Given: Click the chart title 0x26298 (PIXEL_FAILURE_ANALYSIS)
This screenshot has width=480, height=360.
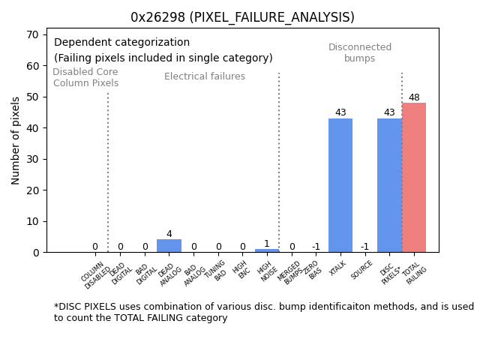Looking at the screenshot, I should [x=242, y=16].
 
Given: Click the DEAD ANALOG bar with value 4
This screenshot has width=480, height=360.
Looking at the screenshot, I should [x=169, y=246].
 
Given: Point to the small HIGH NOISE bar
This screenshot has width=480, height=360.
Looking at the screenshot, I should [x=267, y=250].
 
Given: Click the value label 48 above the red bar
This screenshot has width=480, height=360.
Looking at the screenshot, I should [x=414, y=97].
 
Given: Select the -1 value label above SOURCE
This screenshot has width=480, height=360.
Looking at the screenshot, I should [x=364, y=247].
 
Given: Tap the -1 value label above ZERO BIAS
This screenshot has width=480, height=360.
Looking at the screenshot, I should [x=316, y=247].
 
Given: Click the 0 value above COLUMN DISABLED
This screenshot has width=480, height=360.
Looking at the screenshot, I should [x=95, y=247].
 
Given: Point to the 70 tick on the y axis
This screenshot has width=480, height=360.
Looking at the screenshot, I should [x=34, y=34].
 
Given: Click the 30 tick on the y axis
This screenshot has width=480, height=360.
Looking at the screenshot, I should [x=34, y=159].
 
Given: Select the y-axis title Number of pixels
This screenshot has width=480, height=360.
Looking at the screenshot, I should [x=16, y=140].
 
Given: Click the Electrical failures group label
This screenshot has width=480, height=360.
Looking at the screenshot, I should [x=205, y=76].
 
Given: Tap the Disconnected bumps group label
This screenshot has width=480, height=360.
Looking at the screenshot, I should [x=360, y=52].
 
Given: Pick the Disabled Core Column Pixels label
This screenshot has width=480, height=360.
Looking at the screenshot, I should [x=85, y=77].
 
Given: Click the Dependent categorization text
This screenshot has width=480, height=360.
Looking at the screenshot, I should [x=121, y=43].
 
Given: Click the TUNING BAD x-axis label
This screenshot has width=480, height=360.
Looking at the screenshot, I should [x=217, y=271].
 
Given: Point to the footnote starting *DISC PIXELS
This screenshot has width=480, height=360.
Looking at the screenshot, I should [x=263, y=312].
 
